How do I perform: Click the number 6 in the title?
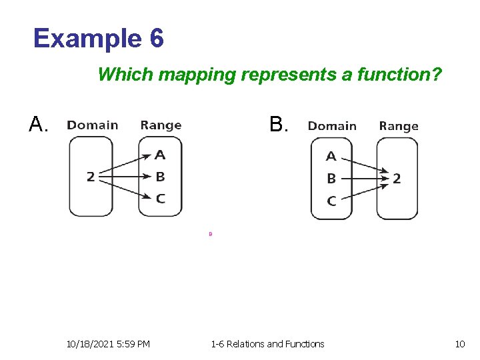[x=156, y=39]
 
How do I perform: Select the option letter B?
[x=277, y=125]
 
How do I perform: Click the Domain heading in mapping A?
[x=93, y=125]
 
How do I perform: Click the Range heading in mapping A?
[x=161, y=125]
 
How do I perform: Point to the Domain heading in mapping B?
[x=332, y=126]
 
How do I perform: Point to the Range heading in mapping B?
[x=399, y=126]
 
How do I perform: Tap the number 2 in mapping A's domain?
[x=91, y=177]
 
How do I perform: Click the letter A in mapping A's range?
[x=160, y=155]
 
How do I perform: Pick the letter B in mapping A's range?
[x=160, y=177]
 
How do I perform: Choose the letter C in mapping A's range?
[x=160, y=198]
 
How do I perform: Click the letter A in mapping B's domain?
[x=331, y=157]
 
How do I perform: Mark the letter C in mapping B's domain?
[x=331, y=201]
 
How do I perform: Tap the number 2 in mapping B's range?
[x=397, y=179]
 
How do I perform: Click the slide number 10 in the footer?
[x=459, y=344]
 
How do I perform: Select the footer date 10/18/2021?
[x=91, y=344]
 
